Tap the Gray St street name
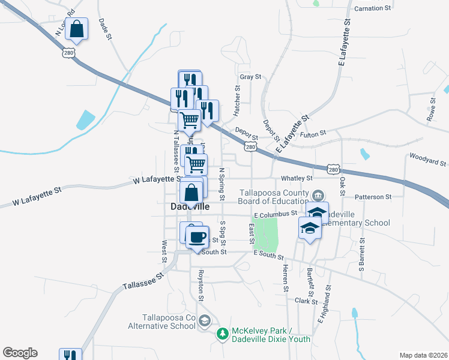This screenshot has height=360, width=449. pos(250,77)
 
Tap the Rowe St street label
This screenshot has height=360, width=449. pos(430,111)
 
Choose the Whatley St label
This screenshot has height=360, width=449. pos(297,178)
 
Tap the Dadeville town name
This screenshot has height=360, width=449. pos(187,206)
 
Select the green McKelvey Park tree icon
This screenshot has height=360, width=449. pos(223,333)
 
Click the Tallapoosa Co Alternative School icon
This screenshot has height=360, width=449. pos(204,321)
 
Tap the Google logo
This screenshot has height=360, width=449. pos(20,353)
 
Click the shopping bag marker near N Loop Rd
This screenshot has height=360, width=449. pos(77,29)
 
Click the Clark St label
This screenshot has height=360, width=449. pos(306,301)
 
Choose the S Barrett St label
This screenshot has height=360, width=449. pos(362,256)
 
